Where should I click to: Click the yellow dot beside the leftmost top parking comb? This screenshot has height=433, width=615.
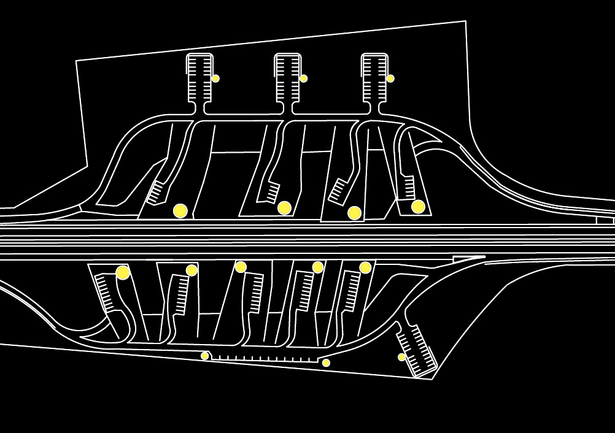pyautogui.click(x=215, y=79)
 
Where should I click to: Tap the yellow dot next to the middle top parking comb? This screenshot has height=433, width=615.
pyautogui.click(x=303, y=79)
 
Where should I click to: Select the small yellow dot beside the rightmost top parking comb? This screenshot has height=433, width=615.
pyautogui.click(x=390, y=79)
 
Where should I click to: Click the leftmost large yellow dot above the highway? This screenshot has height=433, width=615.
pyautogui.click(x=180, y=211)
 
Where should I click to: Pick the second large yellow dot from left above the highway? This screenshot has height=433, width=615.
pyautogui.click(x=284, y=208)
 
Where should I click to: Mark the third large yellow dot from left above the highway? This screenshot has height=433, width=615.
pyautogui.click(x=354, y=213)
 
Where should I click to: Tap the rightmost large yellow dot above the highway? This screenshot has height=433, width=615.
pyautogui.click(x=418, y=207)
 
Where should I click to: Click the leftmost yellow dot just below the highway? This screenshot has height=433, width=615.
pyautogui.click(x=123, y=273)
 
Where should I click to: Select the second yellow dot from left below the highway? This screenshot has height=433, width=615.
pyautogui.click(x=191, y=270)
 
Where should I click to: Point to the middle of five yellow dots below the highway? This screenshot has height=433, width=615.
pyautogui.click(x=241, y=267)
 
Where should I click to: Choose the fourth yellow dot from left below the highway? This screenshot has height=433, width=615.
pyautogui.click(x=317, y=267)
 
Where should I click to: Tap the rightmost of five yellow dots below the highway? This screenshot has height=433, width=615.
pyautogui.click(x=365, y=267)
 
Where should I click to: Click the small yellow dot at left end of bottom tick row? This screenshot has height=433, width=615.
pyautogui.click(x=205, y=356)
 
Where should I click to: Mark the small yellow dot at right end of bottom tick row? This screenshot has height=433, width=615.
pyautogui.click(x=326, y=363)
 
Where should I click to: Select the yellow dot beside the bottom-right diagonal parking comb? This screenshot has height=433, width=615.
pyautogui.click(x=401, y=357)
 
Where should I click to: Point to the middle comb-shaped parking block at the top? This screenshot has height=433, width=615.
pyautogui.click(x=287, y=79)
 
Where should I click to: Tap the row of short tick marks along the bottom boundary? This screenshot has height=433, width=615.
pyautogui.click(x=264, y=358)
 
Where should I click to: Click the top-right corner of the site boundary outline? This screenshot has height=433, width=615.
pyautogui.click(x=465, y=21)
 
